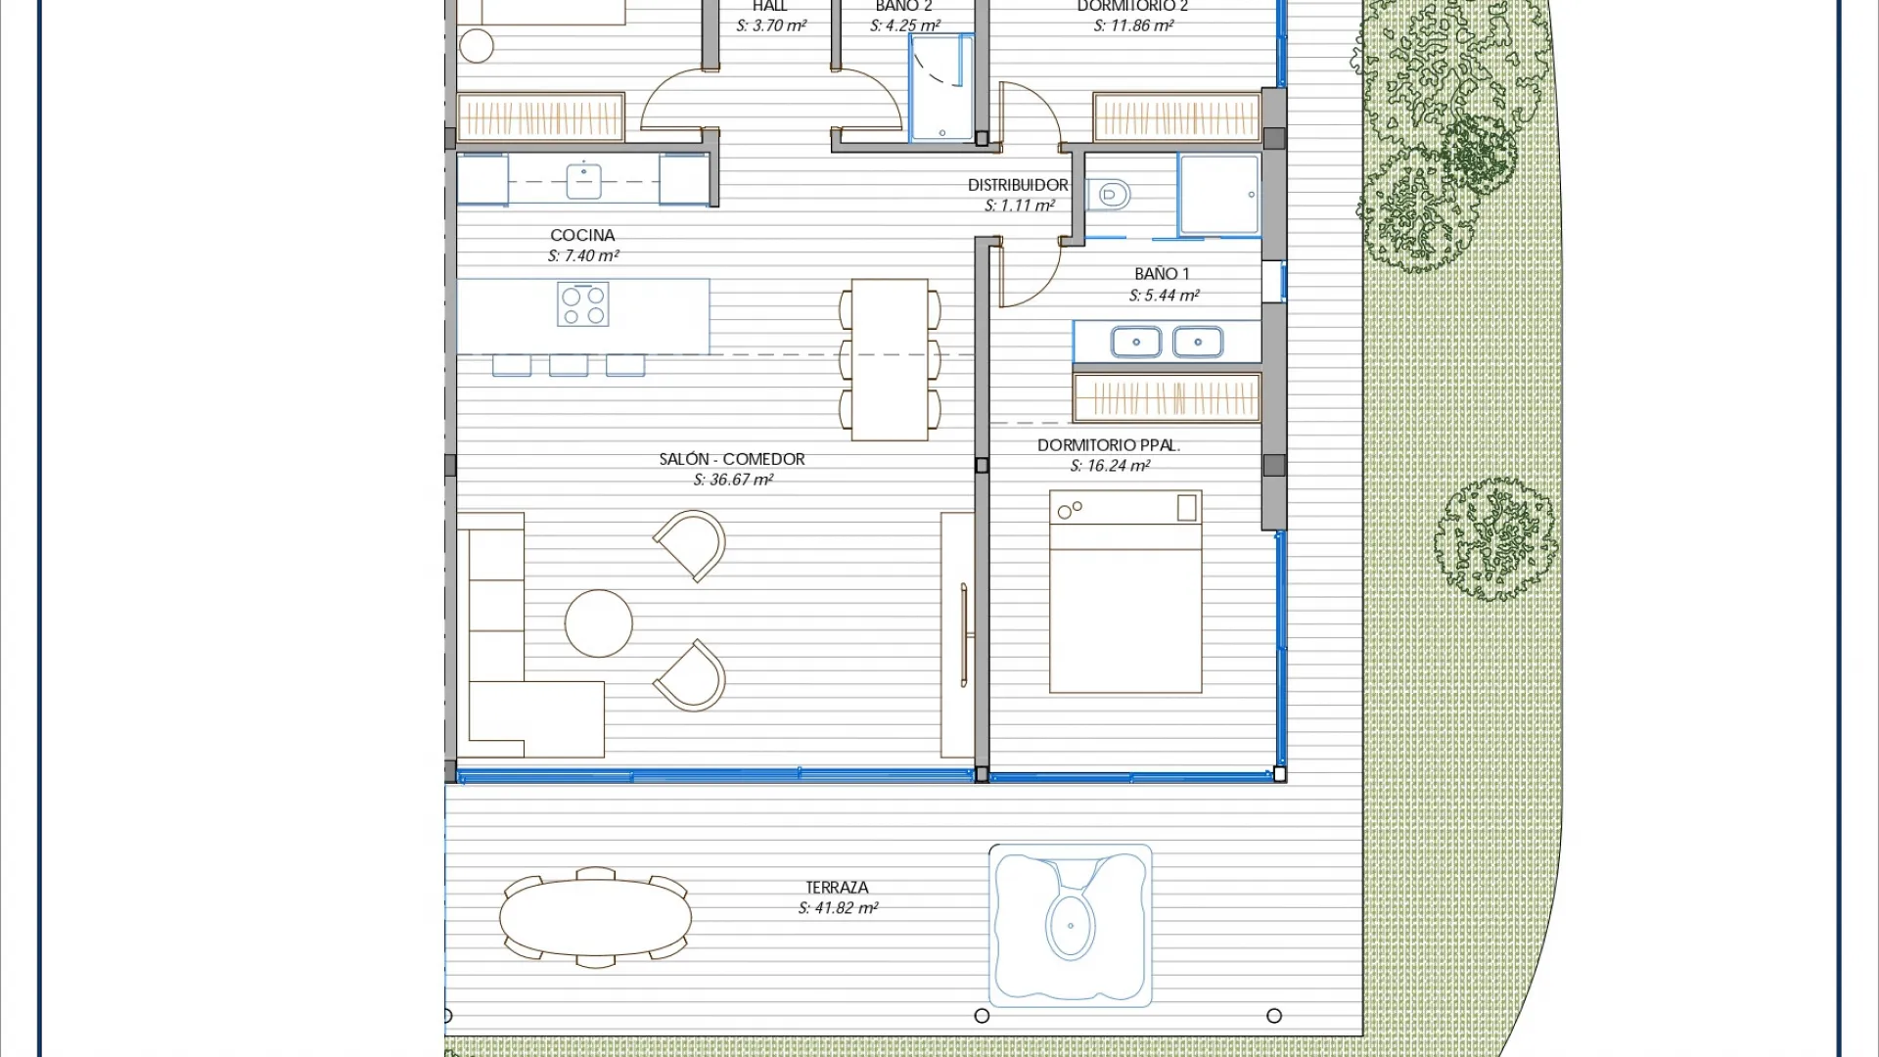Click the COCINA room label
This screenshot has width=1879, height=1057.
pos(582,235)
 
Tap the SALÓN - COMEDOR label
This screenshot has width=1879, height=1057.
pos(732,459)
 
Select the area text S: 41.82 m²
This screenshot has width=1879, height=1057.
pos(838,908)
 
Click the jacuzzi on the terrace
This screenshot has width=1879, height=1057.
pos(1070,925)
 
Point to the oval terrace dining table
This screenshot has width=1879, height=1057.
pos(595,918)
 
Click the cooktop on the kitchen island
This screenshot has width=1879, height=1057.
pos(583,303)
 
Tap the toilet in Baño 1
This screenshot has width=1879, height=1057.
pos(1110,195)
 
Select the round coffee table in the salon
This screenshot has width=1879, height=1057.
pos(599,623)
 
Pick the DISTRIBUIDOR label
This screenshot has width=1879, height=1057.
pos(1018,185)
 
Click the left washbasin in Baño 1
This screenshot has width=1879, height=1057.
pos(1136,343)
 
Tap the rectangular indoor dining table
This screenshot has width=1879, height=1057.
pos(890,360)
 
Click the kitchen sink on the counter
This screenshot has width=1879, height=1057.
pos(583,181)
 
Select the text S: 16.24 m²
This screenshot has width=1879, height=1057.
pos(1110,466)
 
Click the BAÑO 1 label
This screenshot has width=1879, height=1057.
pos(1162,274)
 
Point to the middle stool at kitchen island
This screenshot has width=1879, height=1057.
pos(569,366)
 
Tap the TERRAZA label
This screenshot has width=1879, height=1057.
pos(837,888)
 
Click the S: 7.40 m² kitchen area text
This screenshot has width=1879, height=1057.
pos(583,256)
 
